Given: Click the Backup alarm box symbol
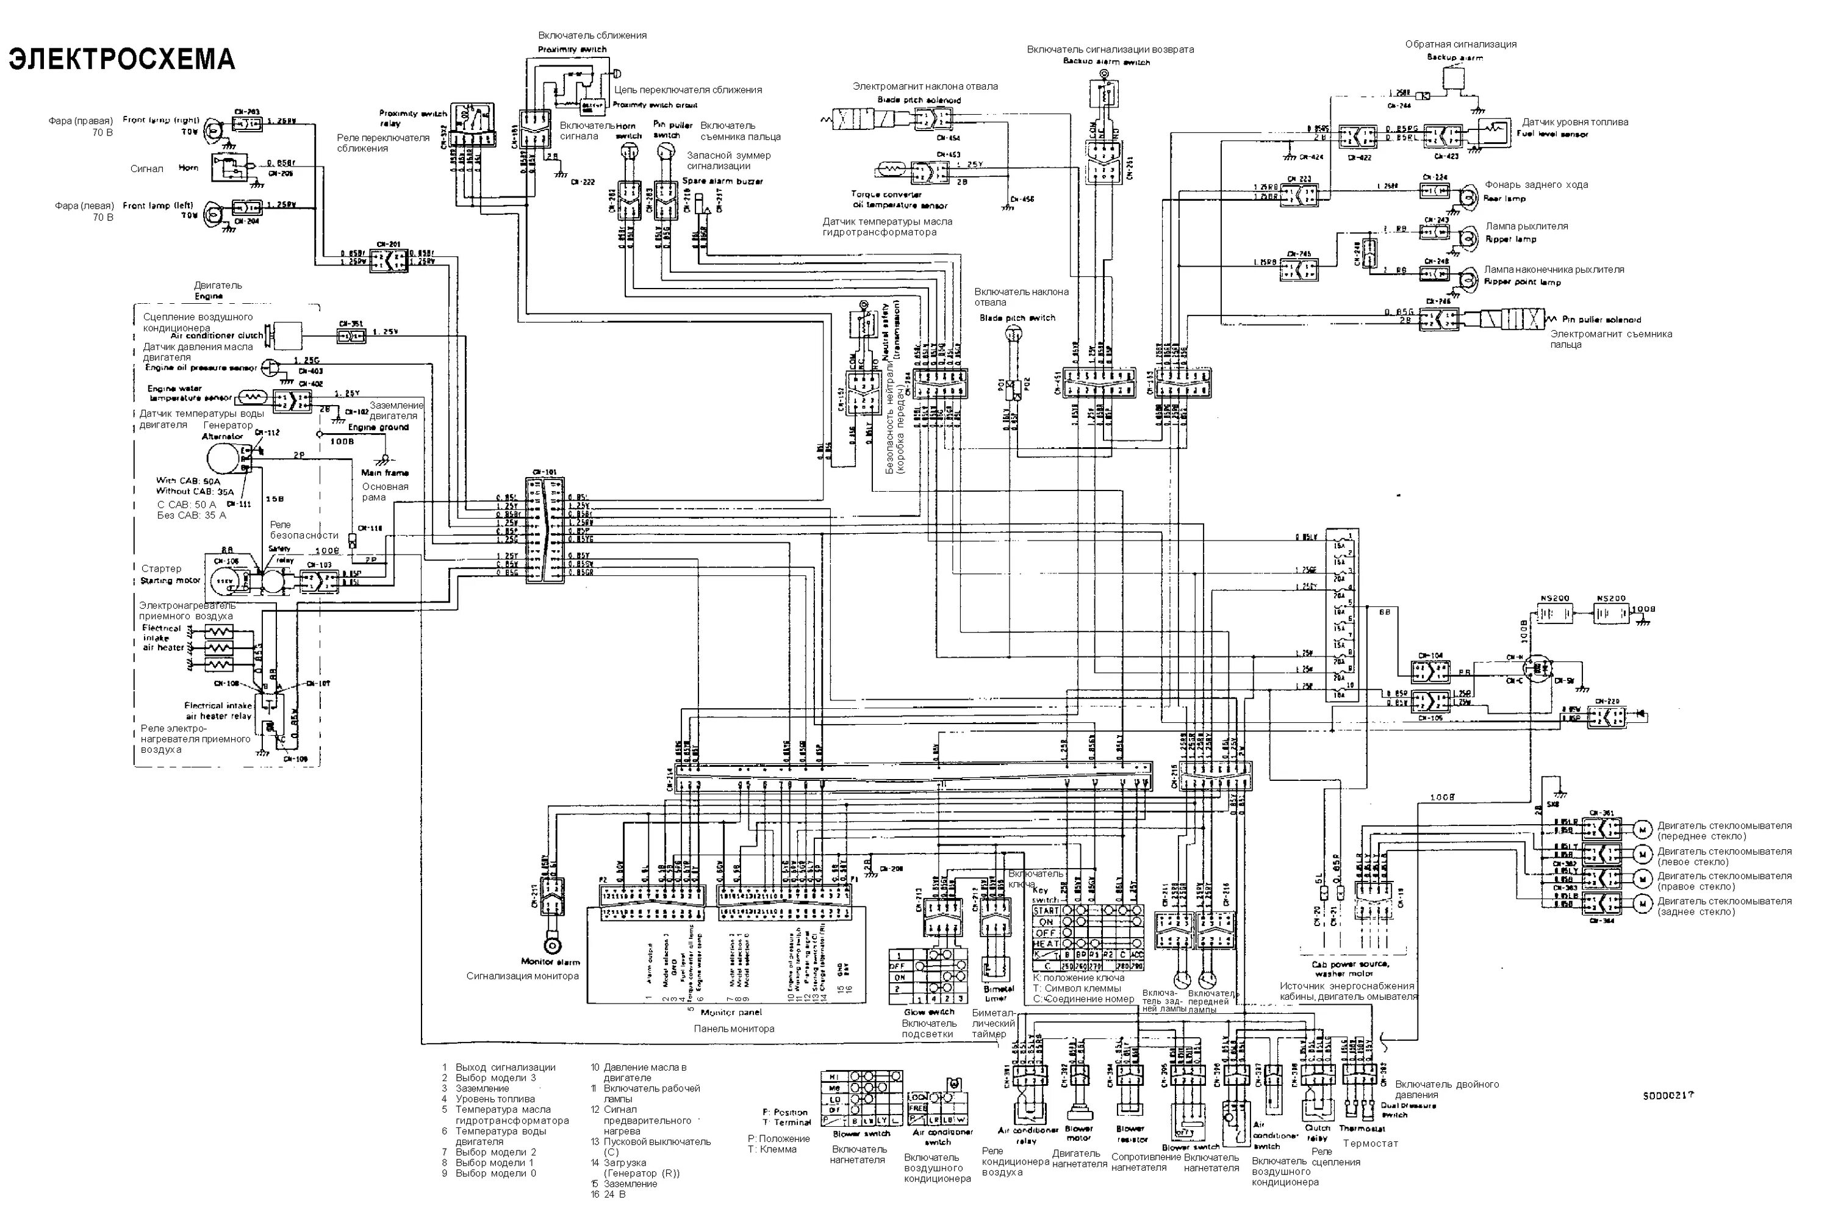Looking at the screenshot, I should point(1453,78).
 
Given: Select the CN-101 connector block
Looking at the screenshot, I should point(544,531).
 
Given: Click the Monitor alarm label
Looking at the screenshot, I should point(550,961).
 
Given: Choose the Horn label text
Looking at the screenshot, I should point(188,167).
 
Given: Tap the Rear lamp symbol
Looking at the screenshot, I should point(1465,195).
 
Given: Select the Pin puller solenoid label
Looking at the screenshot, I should point(1601,319).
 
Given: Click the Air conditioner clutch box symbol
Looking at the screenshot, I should point(287,334).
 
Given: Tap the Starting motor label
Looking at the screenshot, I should point(170,580).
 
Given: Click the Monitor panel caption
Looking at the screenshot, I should point(730,1012).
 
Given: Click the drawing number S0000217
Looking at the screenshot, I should point(1668,1096).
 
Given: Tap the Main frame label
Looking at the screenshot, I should point(385,472).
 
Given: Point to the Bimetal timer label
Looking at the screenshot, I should point(998,993).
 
